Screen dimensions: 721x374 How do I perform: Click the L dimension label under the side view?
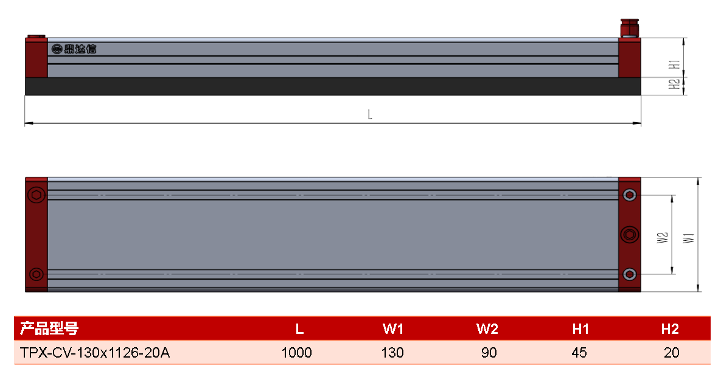370,114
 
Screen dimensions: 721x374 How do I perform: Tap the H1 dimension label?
675,64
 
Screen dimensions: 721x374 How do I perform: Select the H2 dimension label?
675,85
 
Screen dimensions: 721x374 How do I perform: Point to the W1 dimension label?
688,238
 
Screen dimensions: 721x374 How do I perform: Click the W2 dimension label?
662,238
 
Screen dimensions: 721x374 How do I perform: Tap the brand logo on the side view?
74,49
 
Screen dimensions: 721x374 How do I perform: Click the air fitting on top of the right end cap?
630,28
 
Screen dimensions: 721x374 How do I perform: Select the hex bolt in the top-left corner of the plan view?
37,195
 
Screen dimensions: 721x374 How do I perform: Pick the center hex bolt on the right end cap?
630,235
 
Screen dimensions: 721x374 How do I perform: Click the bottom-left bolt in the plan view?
37,274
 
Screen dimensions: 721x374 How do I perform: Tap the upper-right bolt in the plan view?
630,195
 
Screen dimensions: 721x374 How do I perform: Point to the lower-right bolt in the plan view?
630,274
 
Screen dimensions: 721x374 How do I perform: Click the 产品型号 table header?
49,328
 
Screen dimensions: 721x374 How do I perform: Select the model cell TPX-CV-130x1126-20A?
95,352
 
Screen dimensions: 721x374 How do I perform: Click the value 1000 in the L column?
296,352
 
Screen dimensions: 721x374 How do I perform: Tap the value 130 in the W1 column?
392,352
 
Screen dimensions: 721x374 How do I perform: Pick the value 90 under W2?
489,352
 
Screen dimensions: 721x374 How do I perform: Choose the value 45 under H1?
579,352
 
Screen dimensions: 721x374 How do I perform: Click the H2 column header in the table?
670,329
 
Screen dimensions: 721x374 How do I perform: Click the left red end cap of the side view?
37,57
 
